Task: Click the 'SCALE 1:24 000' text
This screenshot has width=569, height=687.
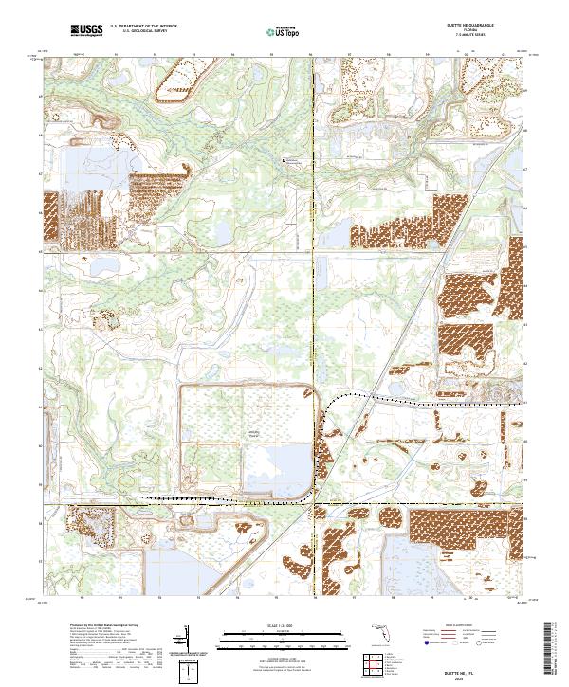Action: point(271,625)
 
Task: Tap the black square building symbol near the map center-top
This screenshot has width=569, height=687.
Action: point(284,161)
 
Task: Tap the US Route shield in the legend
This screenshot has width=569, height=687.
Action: point(456,642)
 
